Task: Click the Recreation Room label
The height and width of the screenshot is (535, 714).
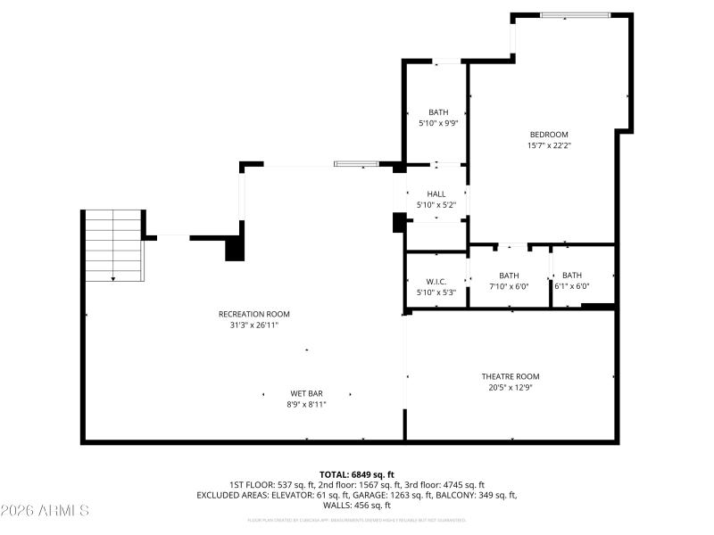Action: pos(253,314)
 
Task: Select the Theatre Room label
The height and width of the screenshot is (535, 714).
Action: pos(510,376)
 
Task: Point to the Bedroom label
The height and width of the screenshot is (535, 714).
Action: pos(548,135)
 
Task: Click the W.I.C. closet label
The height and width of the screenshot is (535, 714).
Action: pos(436,282)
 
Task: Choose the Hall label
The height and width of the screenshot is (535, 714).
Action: pos(436,194)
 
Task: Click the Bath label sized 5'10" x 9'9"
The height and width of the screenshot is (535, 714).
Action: pos(437,112)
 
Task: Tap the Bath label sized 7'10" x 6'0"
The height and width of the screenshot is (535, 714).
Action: pos(509,276)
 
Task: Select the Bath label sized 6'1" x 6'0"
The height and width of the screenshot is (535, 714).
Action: pos(571,276)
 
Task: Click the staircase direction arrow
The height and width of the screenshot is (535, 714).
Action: pos(113,278)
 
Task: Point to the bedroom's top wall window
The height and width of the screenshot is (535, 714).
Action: pos(576,15)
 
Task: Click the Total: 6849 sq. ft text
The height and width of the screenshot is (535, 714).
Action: pos(356,474)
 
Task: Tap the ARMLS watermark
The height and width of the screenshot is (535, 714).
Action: pos(45,511)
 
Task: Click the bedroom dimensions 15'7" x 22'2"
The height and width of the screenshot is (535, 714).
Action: pos(548,145)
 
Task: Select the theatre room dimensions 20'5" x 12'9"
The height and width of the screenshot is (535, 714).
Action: pos(510,388)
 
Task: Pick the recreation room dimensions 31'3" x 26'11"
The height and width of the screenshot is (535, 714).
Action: pos(253,325)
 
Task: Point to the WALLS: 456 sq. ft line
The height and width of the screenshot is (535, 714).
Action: pos(356,506)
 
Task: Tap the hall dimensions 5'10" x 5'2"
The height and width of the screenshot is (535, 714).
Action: pos(436,205)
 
